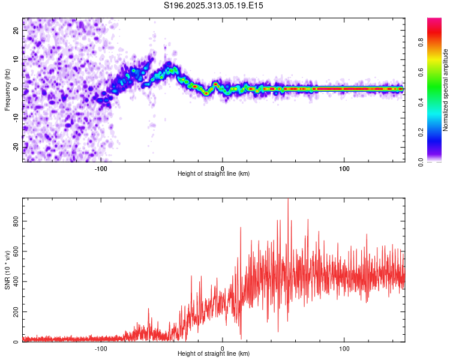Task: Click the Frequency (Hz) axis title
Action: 7,90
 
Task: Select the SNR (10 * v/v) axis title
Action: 7,270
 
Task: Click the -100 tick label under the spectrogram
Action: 100,168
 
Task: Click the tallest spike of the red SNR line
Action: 288,200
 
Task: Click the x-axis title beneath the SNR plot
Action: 214,354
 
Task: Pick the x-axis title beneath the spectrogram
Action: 214,174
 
